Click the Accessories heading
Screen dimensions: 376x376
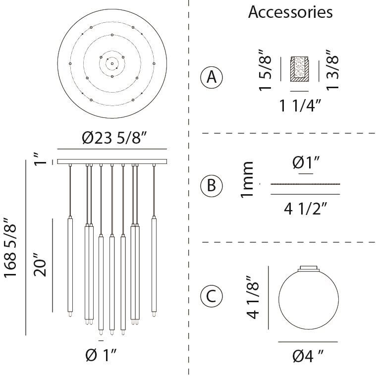point(290,12)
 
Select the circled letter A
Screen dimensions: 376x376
point(212,77)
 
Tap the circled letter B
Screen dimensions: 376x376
point(212,186)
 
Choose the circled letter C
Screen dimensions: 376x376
point(212,296)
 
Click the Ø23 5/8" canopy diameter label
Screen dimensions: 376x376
point(114,138)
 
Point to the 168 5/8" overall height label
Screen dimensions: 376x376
point(10,248)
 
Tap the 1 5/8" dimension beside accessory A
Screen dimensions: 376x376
point(265,70)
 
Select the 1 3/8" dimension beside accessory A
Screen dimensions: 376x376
point(332,70)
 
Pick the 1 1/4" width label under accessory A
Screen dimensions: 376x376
point(300,106)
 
